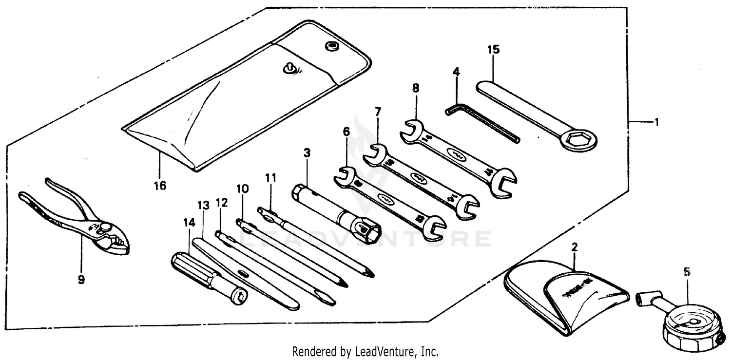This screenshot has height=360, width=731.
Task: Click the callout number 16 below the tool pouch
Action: pyautogui.click(x=159, y=186)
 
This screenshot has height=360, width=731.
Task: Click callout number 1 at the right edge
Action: pyautogui.click(x=656, y=122)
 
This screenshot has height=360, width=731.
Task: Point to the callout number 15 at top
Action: pyautogui.click(x=493, y=50)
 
